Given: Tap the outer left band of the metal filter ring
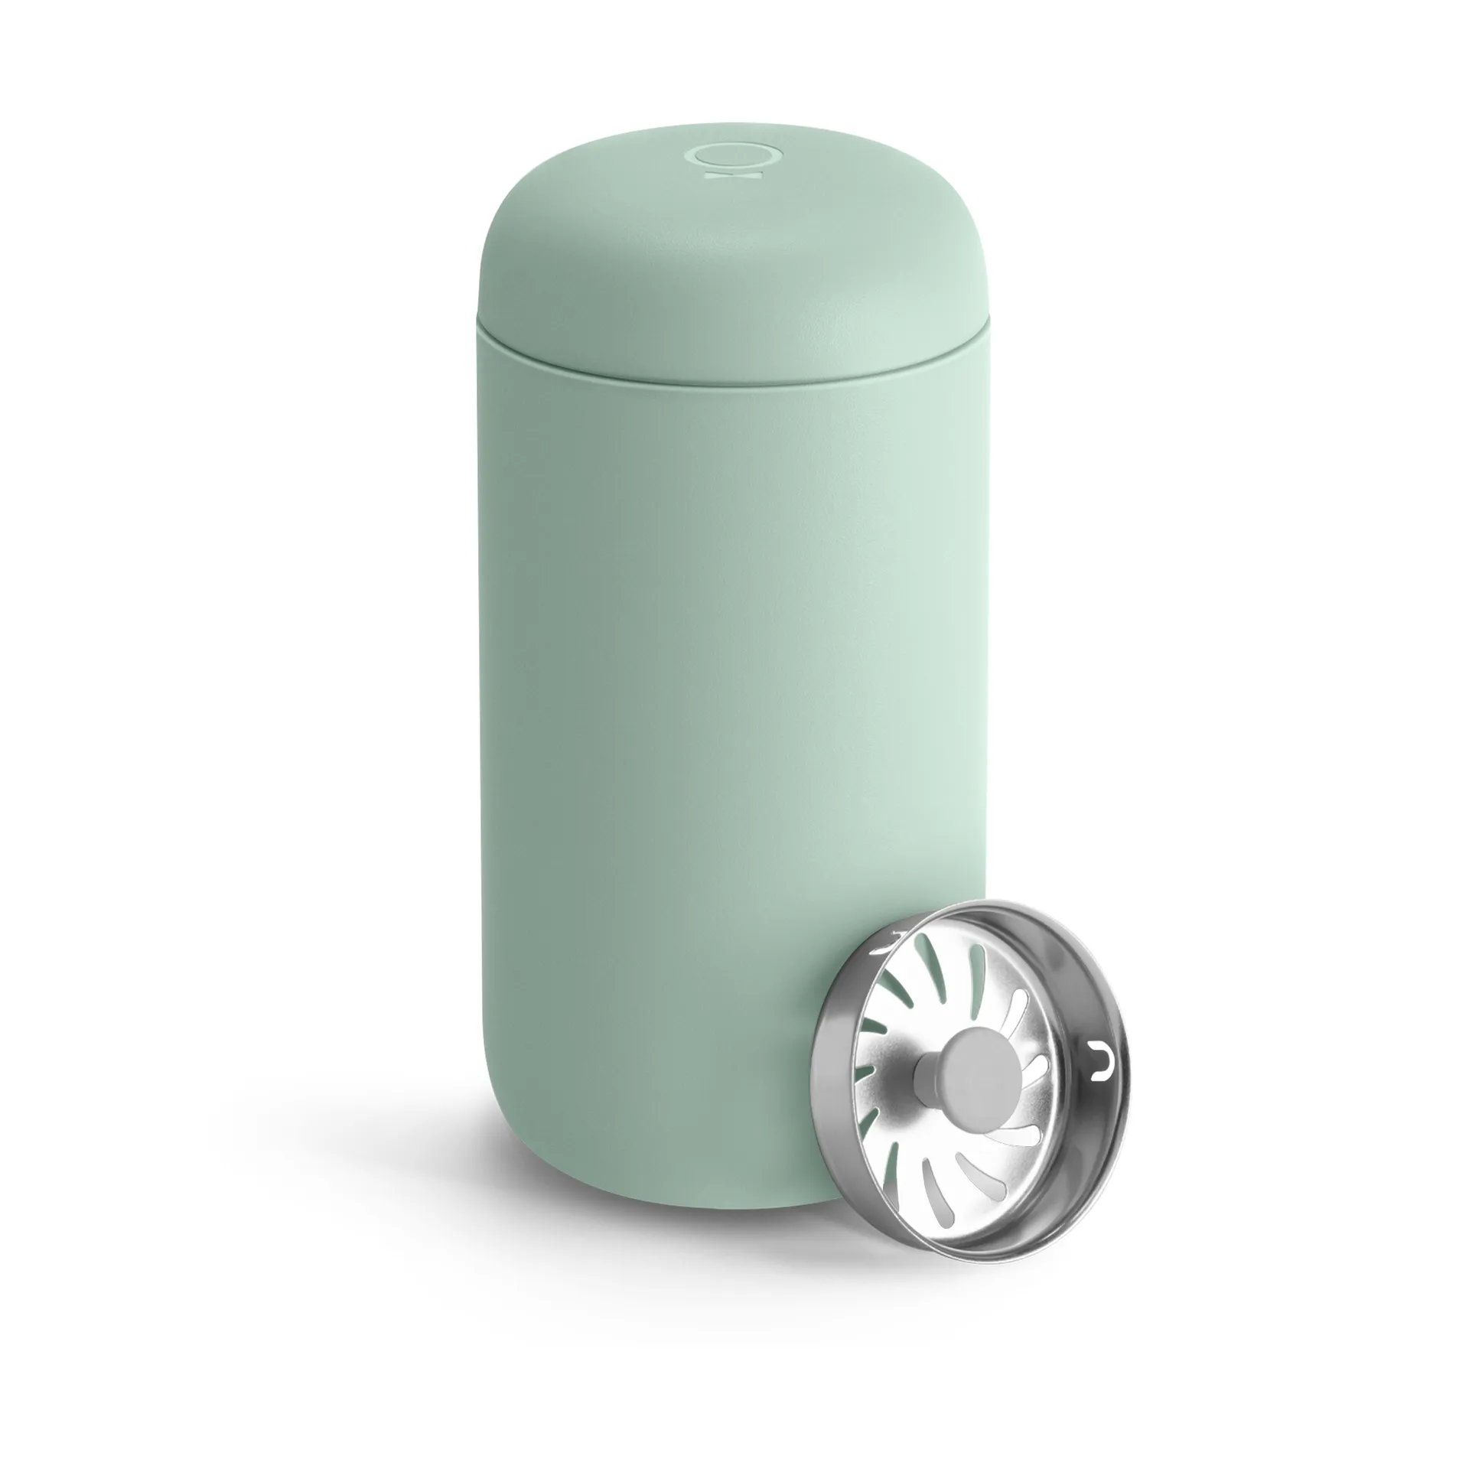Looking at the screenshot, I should [x=830, y=1086].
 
